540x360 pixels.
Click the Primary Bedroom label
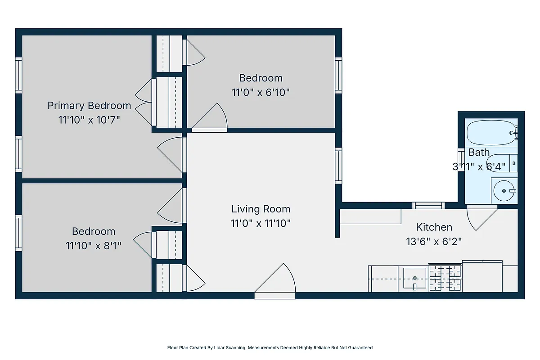tap(89, 106)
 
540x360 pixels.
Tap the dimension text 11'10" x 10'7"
tap(89, 121)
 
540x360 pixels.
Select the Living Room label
tap(261, 209)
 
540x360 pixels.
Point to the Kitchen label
tap(434, 227)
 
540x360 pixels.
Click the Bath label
tap(479, 152)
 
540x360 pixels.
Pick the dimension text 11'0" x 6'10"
tap(261, 93)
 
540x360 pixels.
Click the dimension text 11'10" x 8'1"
tap(94, 246)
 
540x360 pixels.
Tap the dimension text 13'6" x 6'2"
tap(434, 242)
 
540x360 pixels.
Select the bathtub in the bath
tap(490, 132)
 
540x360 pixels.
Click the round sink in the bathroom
tap(504, 191)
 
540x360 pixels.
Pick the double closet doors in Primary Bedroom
tap(144, 103)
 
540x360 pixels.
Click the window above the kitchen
tap(428, 206)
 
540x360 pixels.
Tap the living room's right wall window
tap(338, 165)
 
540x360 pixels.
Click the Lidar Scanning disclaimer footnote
tap(270, 347)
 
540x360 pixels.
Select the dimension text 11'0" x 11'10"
tap(261, 223)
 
